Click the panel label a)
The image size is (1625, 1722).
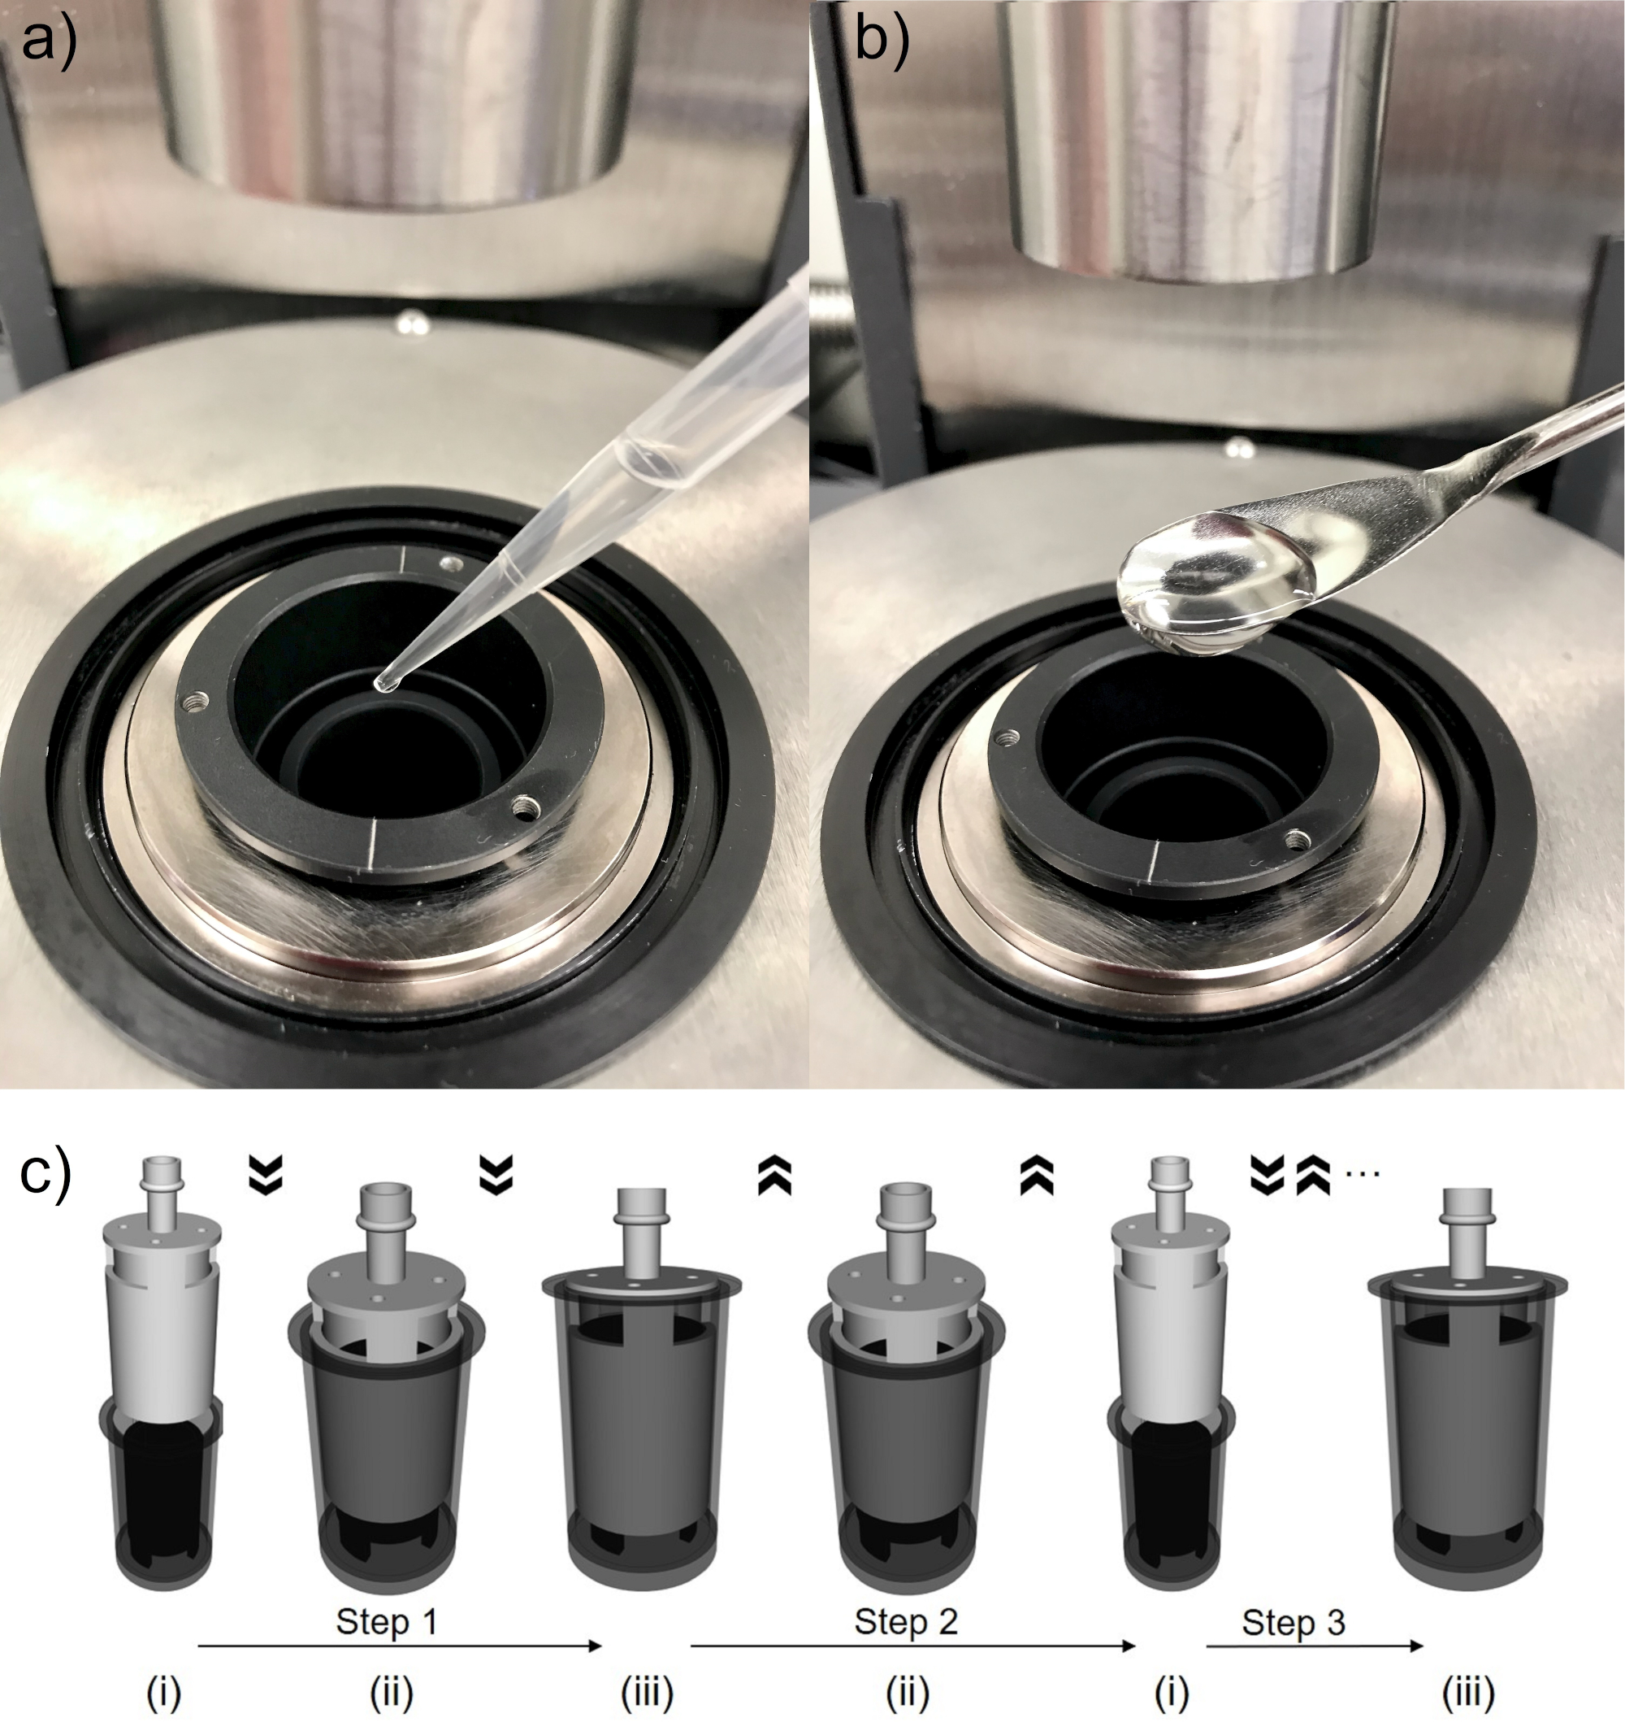pyautogui.click(x=49, y=41)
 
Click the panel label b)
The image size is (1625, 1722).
pyautogui.click(x=881, y=41)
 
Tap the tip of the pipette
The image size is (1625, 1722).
pyautogui.click(x=381, y=685)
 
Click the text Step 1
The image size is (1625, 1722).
pyautogui.click(x=386, y=1620)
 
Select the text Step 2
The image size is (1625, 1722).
pyautogui.click(x=906, y=1620)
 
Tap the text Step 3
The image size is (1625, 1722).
pyautogui.click(x=1293, y=1621)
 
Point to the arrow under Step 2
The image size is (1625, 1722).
pyautogui.click(x=912, y=1645)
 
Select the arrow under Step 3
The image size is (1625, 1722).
pyautogui.click(x=1314, y=1645)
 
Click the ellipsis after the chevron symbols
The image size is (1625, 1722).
pyautogui.click(x=1363, y=1174)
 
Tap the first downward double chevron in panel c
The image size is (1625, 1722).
pyautogui.click(x=266, y=1174)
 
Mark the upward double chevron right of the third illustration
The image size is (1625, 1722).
pyautogui.click(x=774, y=1175)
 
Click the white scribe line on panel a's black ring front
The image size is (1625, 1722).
pyautogui.click(x=371, y=841)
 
